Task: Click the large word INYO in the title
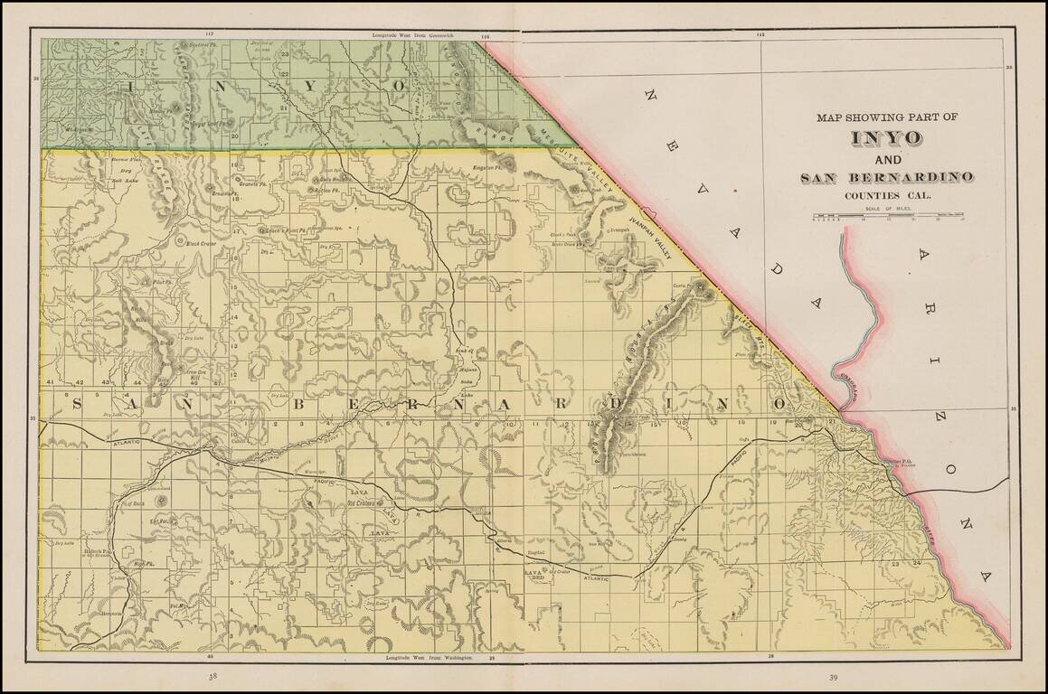pyautogui.click(x=886, y=138)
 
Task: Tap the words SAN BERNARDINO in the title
pyautogui.click(x=886, y=177)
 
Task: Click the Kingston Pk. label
pyautogui.click(x=489, y=168)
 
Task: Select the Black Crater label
pyautogui.click(x=201, y=242)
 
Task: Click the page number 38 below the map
pyautogui.click(x=212, y=676)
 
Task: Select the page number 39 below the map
pyautogui.click(x=835, y=676)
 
